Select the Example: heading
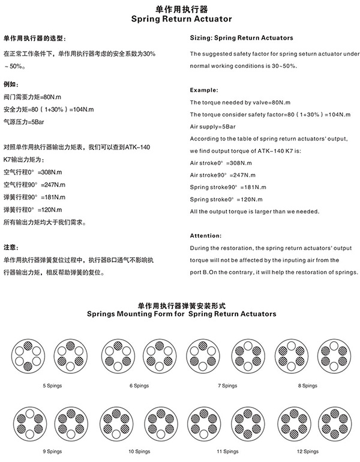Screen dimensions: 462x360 [x=204, y=89]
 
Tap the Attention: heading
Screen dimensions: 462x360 [x=206, y=235]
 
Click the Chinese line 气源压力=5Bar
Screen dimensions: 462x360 [x=24, y=122]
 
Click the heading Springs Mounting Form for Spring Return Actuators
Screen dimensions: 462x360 [x=181, y=314]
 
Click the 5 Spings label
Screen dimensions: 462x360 [x=52, y=385]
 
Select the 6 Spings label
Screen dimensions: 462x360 [x=139, y=385]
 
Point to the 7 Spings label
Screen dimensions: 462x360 [x=227, y=385]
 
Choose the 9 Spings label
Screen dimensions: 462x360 [x=52, y=450]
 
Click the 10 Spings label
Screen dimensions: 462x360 [x=139, y=450]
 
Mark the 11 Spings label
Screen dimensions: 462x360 [x=227, y=450]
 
